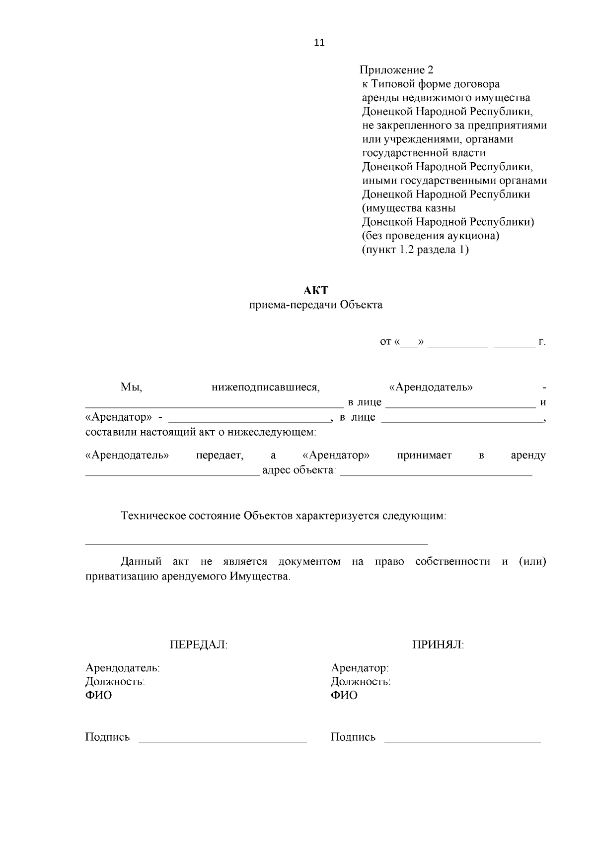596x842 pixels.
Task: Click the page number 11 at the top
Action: pos(319,43)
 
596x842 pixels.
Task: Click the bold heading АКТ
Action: pos(316,290)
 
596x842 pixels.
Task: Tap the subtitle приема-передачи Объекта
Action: pos(316,305)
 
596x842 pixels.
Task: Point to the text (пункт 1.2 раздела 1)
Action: pos(415,250)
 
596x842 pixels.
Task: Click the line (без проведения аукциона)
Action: pos(431,236)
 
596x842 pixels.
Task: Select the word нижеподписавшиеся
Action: pos(266,387)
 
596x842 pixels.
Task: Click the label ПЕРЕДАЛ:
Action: pos(199,645)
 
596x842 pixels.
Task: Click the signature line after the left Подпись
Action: pos(223,742)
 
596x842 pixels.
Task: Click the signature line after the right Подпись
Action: pos(463,742)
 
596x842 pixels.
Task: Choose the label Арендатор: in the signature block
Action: pos(360,668)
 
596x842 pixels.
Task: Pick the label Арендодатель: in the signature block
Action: pos(123,668)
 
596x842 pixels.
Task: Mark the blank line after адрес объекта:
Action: pos(436,474)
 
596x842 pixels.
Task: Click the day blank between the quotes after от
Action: pos(409,344)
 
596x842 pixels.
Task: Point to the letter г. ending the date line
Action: pos(542,342)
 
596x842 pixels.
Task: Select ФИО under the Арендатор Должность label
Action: pos(344,696)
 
